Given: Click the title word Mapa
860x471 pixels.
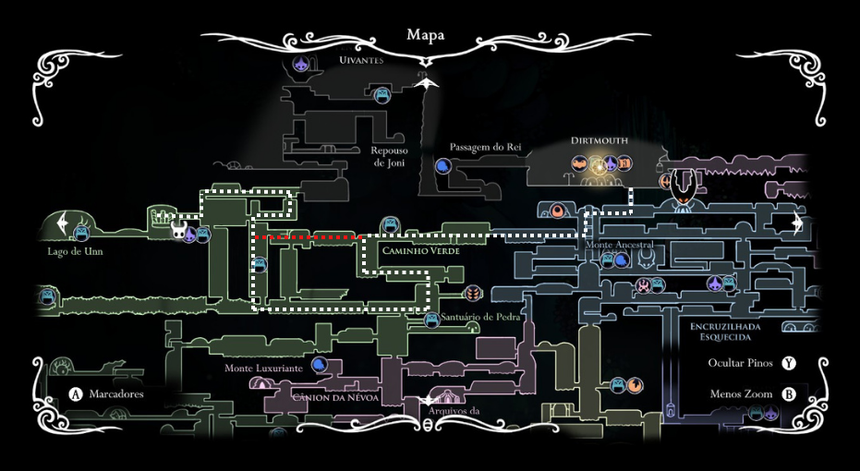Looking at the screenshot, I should click(x=425, y=35).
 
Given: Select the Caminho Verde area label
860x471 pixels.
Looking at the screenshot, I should click(x=419, y=250).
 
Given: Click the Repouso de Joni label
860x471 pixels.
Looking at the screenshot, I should click(x=389, y=156).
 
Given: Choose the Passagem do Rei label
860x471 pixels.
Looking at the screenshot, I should click(x=487, y=147).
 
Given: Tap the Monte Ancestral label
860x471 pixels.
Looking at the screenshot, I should click(x=619, y=244).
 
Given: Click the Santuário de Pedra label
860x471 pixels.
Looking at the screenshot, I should click(x=481, y=317).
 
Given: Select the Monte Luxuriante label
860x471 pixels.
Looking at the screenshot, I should click(x=263, y=368).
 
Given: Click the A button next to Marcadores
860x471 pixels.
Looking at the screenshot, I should click(x=77, y=394).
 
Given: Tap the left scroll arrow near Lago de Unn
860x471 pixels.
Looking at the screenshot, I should click(x=63, y=223).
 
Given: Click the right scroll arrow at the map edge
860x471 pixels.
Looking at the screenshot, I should click(x=797, y=224).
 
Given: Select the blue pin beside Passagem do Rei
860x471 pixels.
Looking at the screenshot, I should click(x=443, y=167).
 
